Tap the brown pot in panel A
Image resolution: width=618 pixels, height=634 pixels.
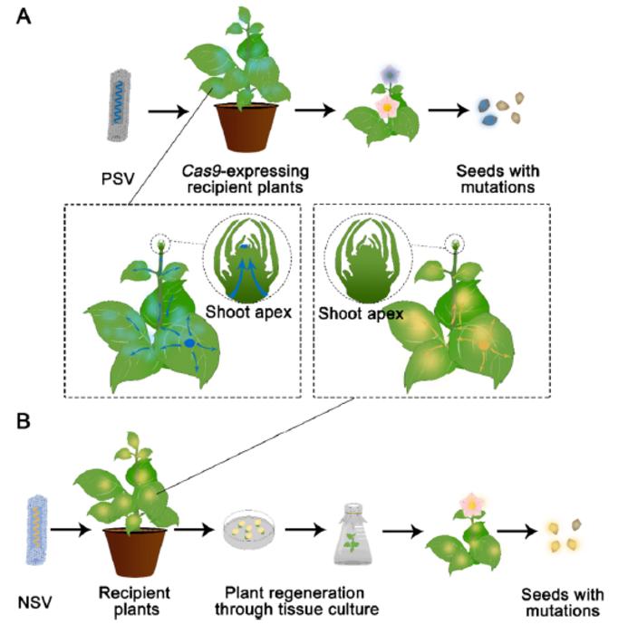pos(246,127)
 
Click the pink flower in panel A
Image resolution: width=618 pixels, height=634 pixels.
pos(388,106)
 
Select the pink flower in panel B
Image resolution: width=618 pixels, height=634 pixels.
pos(471,503)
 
